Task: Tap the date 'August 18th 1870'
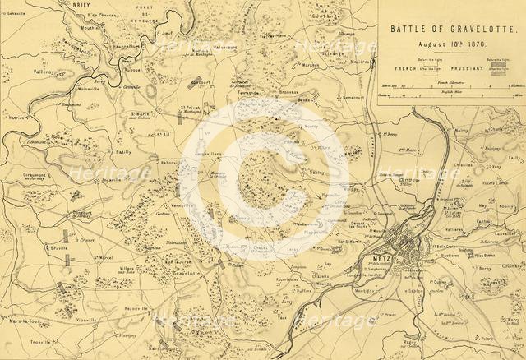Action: [x=448, y=42]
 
